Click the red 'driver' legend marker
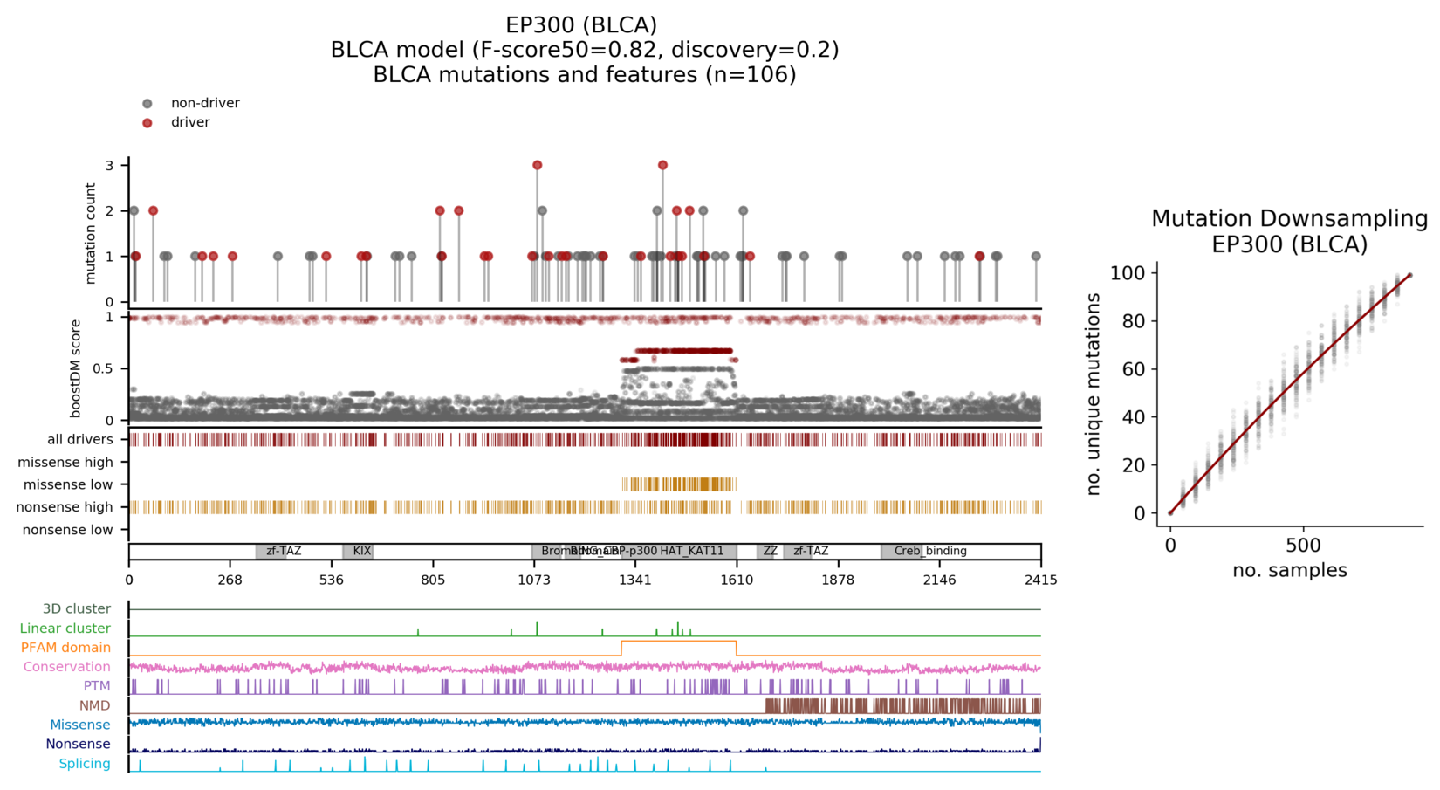[147, 123]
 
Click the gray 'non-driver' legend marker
[147, 104]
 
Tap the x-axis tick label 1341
[634, 580]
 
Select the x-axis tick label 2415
[1040, 580]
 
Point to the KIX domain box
[358, 552]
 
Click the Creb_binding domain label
[930, 552]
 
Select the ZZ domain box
[770, 552]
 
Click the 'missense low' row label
[68, 485]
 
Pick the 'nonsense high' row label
[65, 507]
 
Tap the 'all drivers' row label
[80, 440]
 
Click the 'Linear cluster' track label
[65, 629]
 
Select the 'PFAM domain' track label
[65, 648]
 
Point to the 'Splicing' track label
[85, 764]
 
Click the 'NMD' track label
[94, 705]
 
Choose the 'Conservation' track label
[67, 667]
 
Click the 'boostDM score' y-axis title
[76, 368]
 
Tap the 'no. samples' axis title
[1289, 571]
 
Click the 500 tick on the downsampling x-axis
[1303, 546]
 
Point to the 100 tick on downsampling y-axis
[1128, 273]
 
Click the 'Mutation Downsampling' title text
[1289, 219]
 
